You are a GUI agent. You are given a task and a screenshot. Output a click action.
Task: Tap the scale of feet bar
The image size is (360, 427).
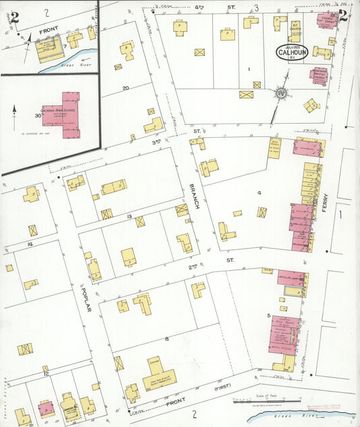point(267,401)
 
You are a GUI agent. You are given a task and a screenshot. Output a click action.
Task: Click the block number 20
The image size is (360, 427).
point(126,88)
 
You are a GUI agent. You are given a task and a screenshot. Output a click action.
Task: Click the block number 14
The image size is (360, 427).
point(30,243)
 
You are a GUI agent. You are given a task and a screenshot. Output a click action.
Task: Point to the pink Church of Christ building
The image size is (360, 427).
point(328,20)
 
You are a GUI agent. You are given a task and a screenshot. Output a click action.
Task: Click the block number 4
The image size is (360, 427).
point(258,193)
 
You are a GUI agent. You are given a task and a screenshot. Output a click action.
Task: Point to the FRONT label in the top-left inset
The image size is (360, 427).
point(49,30)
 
